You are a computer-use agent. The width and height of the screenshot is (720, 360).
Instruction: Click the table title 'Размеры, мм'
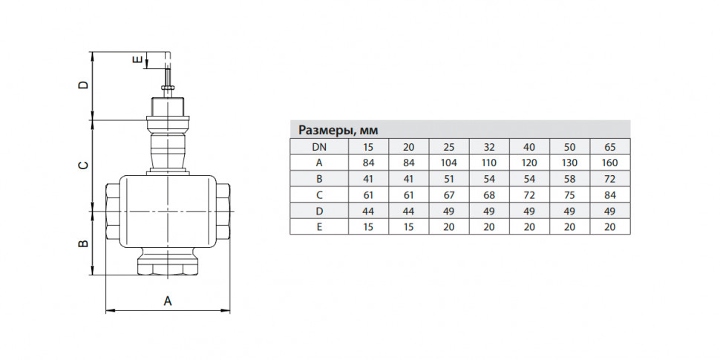[x=338, y=131]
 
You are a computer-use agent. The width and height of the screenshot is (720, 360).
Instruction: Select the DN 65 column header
[x=610, y=148]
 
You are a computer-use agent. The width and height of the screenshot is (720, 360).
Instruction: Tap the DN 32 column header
[x=489, y=148]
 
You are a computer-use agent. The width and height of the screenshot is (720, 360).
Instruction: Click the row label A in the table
[x=319, y=163]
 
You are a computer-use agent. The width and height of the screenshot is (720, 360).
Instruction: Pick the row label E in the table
[x=319, y=226]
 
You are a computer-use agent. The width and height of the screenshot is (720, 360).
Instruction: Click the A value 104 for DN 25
[x=448, y=163]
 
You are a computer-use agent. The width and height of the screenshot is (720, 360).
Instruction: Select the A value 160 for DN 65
[x=610, y=163]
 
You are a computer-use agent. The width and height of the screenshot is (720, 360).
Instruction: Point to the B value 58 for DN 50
[x=570, y=179]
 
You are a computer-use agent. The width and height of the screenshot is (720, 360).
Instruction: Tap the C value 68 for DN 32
[x=489, y=194]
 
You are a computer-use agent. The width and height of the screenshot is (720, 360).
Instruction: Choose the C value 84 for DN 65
[x=610, y=194]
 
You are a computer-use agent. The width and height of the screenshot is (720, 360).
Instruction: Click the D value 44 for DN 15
[x=368, y=211]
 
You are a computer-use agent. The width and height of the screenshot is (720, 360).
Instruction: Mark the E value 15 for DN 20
[x=408, y=226]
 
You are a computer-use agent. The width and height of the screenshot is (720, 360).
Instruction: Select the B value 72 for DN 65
[x=610, y=179]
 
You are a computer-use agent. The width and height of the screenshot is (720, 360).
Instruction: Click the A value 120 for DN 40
[x=529, y=163]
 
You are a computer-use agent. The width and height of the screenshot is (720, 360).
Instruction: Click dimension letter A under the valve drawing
[x=168, y=301]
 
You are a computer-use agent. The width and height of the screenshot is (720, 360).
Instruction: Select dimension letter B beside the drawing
[x=83, y=243]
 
